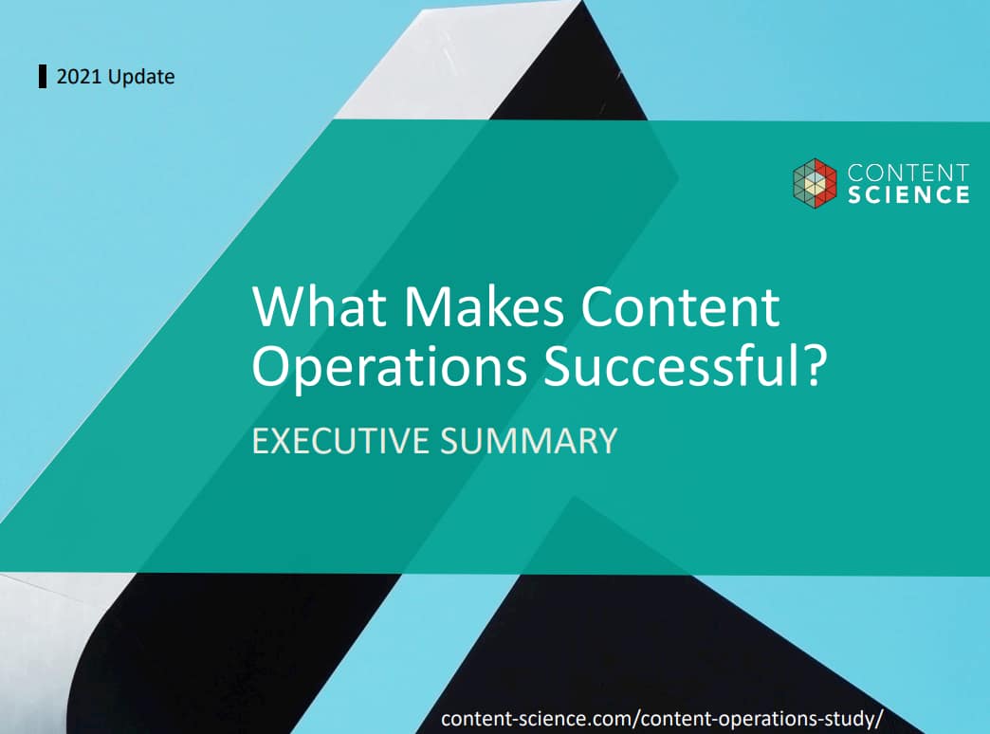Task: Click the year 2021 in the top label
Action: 80,77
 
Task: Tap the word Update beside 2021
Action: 141,77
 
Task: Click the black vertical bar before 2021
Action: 43,77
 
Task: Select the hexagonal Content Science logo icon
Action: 815,183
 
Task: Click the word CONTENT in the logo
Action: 907,173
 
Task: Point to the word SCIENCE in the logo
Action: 907,194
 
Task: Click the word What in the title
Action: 320,306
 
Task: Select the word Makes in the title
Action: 484,306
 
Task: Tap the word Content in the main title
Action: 680,306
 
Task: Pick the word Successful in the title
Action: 673,365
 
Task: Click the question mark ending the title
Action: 815,365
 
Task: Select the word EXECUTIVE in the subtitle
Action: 340,441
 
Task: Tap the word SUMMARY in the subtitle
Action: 528,441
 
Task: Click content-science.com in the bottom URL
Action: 536,718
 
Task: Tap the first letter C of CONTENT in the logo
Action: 856,173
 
